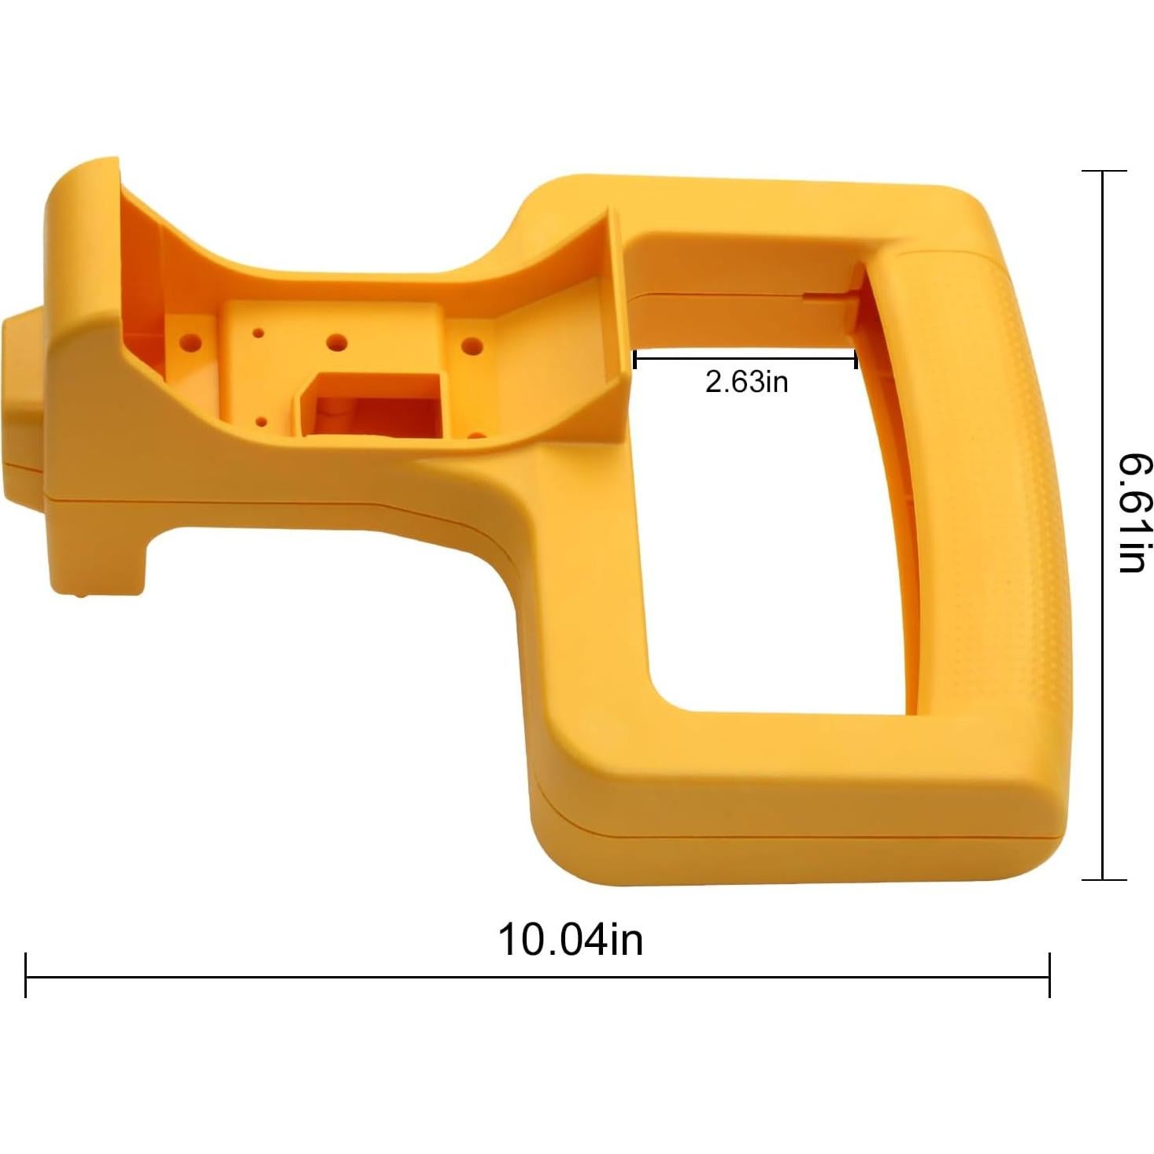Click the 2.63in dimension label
[746, 382]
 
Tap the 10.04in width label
[570, 939]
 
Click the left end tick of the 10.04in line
[26, 975]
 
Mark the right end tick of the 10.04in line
[1049, 975]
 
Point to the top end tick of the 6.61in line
[1104, 171]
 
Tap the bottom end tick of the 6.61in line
[1104, 879]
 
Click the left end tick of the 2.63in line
[634, 360]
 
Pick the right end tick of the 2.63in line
[856, 360]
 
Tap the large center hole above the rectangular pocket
[337, 342]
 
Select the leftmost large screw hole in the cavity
[190, 342]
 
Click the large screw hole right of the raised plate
[472, 345]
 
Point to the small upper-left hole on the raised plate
[258, 333]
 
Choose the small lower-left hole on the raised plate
[261, 422]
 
